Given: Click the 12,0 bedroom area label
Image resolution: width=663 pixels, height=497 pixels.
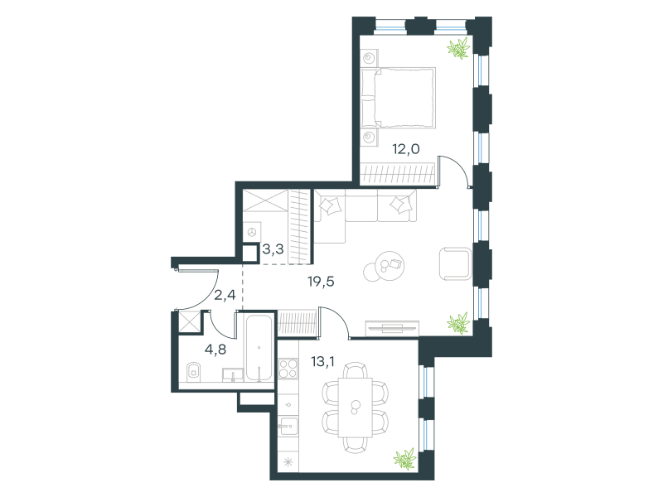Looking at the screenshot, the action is [x=406, y=149].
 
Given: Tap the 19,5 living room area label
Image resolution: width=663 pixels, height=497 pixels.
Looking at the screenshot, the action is [x=321, y=281].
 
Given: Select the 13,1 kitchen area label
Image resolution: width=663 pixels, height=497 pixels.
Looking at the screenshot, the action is [x=322, y=362].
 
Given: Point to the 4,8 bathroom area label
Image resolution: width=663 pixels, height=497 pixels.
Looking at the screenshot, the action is [x=215, y=350].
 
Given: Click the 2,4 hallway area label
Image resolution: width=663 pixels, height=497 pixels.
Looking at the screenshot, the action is [x=225, y=295].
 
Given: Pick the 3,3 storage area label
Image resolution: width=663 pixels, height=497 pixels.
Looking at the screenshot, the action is [x=273, y=249].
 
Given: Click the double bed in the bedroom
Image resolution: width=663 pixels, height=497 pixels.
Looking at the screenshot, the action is [x=399, y=98].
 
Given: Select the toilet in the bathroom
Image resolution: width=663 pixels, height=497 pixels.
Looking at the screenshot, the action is [x=194, y=372].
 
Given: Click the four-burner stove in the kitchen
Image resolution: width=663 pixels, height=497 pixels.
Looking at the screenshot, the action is [x=288, y=368].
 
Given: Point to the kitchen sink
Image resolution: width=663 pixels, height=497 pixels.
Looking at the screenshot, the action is [x=288, y=427].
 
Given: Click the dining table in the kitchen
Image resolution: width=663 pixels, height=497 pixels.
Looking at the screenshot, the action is [x=356, y=408].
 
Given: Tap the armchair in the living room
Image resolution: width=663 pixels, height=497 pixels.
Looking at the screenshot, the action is [x=455, y=264].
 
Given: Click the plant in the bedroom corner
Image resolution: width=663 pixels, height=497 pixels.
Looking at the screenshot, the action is [x=459, y=48].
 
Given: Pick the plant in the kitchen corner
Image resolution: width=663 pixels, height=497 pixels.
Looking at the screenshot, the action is [x=404, y=460].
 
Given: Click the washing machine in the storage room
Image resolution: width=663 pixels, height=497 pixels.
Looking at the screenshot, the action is [x=252, y=232].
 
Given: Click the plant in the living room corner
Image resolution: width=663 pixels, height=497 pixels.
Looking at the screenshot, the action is [x=458, y=323].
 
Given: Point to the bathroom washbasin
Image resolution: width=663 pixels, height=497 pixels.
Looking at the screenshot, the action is [x=233, y=375].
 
